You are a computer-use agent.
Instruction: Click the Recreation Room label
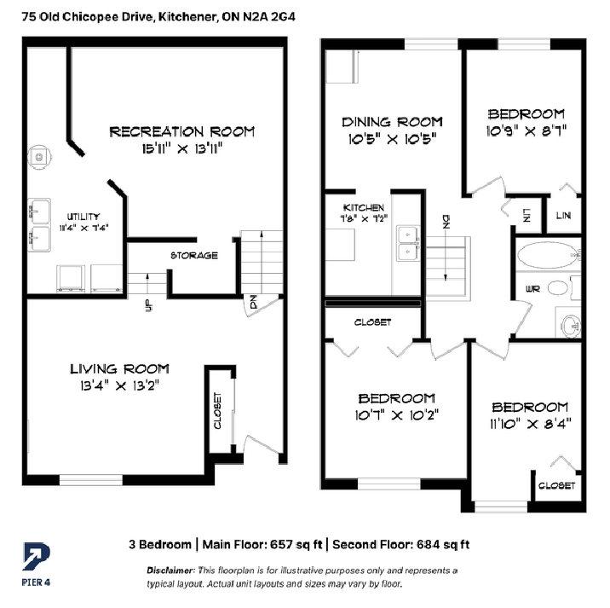coord(181,132)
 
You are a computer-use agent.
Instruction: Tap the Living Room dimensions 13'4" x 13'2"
coord(120,385)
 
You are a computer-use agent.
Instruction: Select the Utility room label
coord(83,217)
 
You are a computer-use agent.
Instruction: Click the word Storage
coord(194,256)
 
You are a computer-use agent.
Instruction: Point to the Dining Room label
coord(392,122)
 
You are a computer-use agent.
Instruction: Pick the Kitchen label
coord(363,207)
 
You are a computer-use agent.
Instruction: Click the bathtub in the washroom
coord(549,255)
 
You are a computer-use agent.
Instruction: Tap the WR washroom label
coord(532,289)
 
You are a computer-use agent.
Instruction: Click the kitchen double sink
coord(408,243)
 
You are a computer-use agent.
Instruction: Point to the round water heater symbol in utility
coord(39,157)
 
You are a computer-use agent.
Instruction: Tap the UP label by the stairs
coord(148,305)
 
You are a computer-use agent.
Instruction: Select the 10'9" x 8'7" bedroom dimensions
coord(526,130)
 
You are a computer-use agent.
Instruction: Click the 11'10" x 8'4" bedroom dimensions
coord(530,423)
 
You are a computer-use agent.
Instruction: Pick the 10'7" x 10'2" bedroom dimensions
coord(396,415)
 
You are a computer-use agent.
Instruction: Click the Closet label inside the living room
coord(217,410)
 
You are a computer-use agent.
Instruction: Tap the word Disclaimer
coord(170,570)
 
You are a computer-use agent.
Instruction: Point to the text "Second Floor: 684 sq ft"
coord(400,544)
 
